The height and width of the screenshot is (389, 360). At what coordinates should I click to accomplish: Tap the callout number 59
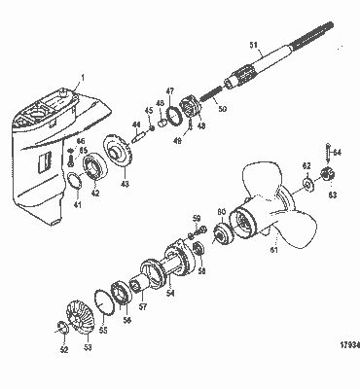[x=197, y=218]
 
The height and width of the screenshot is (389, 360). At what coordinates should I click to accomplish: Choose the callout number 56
[x=126, y=316]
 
